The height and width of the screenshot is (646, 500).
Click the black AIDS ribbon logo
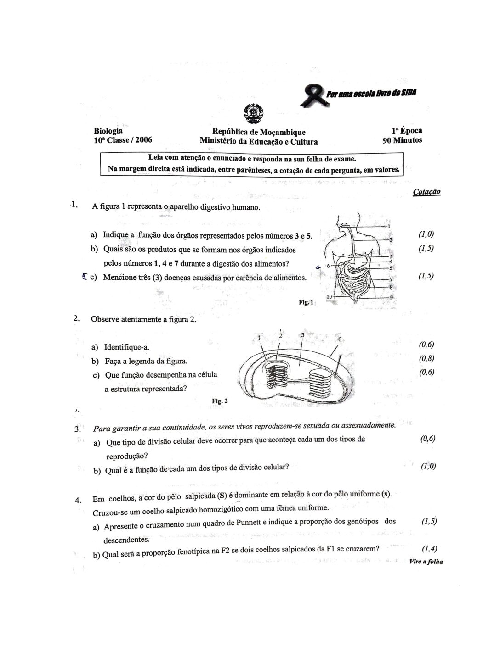311,96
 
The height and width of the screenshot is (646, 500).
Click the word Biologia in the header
108,131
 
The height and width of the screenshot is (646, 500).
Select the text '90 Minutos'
402,140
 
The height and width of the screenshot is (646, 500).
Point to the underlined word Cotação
426,192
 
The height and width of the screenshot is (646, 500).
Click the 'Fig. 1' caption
306,302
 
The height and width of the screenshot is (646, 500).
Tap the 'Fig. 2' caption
220,401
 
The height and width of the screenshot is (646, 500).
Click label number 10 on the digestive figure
329,297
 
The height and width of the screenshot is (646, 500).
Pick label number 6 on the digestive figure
328,266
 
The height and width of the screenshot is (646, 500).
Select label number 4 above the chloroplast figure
339,339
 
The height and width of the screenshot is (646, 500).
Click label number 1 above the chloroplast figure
259,338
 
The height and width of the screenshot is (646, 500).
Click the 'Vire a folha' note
426,562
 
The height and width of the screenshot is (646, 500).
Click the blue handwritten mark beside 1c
84,277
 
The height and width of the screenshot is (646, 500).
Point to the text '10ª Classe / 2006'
123,140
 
